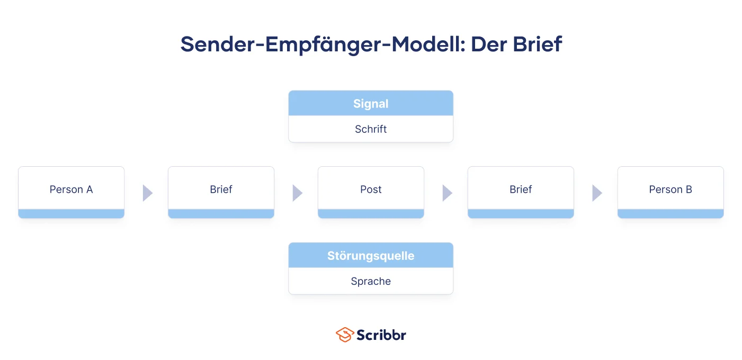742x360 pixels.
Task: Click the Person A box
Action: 71,192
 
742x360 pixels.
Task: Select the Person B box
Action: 671,192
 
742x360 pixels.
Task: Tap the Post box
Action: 371,192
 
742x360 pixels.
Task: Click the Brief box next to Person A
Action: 221,192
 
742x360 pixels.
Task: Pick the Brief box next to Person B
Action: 521,192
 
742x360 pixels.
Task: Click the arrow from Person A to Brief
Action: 147,193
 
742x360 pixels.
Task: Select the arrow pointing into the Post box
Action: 298,193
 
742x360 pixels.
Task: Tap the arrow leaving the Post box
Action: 447,193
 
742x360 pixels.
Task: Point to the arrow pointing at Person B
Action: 597,193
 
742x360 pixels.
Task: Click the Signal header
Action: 371,103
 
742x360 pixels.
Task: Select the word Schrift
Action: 371,129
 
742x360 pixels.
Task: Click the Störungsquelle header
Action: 371,255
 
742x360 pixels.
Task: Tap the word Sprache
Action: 371,281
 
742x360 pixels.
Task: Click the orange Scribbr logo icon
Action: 345,335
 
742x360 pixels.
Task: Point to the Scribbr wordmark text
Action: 381,335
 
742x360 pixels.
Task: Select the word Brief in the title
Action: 537,44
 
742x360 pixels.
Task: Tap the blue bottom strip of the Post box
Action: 371,213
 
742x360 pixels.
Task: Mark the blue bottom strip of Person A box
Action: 71,213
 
